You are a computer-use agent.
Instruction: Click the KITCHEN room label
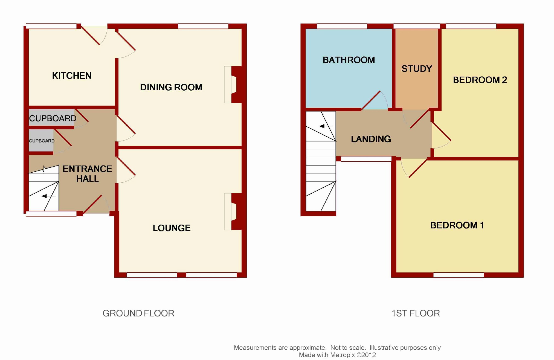coord(72,76)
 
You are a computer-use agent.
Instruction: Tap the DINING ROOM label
coord(171,87)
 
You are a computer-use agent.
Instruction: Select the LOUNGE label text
coord(172,228)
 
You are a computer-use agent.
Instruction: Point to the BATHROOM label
coord(349,60)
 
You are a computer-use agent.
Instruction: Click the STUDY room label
coord(417,69)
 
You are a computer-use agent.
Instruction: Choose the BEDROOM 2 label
coord(480,80)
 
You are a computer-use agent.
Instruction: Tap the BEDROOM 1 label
coord(457,225)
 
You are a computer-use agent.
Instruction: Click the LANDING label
coord(371,139)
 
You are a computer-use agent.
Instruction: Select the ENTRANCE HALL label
coord(87,174)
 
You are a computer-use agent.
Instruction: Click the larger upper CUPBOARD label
coord(53,118)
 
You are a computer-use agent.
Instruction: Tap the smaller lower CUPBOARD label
coord(42,141)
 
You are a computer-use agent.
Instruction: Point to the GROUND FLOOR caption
coord(138,313)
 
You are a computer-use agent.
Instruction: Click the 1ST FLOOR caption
coord(416,313)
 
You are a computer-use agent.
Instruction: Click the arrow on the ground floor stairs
coord(48,196)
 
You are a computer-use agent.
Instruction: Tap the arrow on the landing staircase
coord(326,126)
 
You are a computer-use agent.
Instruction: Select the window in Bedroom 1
coord(459,275)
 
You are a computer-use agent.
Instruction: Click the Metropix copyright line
coord(337,355)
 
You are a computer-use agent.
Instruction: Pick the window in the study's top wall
coord(417,26)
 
